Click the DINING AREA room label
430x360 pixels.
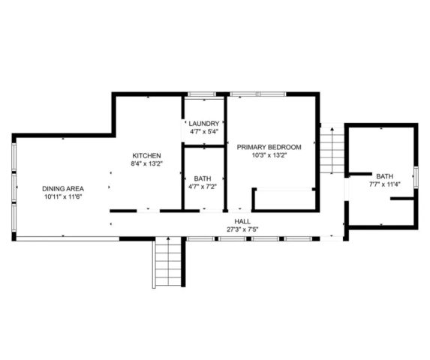pyautogui.click(x=63, y=188)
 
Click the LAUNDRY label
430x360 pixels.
pyautogui.click(x=204, y=124)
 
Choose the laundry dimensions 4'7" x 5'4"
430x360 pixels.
pyautogui.click(x=204, y=132)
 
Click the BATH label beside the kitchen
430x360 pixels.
pyautogui.click(x=204, y=178)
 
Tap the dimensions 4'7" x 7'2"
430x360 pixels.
pyautogui.click(x=204, y=187)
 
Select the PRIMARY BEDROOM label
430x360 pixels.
pyautogui.click(x=269, y=147)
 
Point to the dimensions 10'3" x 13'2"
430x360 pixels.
pyautogui.click(x=269, y=155)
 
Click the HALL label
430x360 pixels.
pyautogui.click(x=242, y=221)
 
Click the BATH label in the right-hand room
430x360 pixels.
pyautogui.click(x=383, y=175)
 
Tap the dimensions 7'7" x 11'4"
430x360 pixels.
pyautogui.click(x=383, y=184)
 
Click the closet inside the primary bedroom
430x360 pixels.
pyautogui.click(x=284, y=200)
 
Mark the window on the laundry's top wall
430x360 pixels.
pyautogui.click(x=202, y=94)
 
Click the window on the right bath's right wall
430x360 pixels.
pyautogui.click(x=416, y=181)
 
